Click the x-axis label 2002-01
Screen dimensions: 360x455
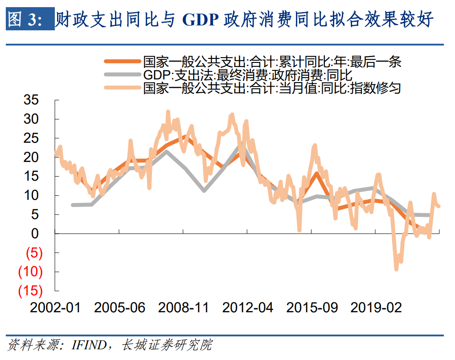coord(55,307)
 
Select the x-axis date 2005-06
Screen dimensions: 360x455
coord(119,307)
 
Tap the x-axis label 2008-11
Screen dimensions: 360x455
coord(184,307)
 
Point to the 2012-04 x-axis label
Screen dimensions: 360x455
coord(248,307)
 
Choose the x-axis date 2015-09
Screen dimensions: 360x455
coord(312,307)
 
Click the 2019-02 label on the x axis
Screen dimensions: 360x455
coord(376,307)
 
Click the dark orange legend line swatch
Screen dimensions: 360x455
coord(122,62)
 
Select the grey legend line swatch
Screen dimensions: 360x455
coord(122,74)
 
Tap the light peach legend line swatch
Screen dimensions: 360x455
coord(122,87)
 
